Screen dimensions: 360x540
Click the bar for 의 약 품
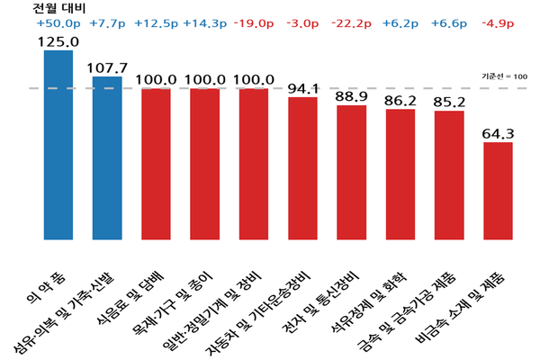(58, 144)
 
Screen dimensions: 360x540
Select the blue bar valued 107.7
(107, 157)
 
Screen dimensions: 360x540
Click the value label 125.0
(58, 40)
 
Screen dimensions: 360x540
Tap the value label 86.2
(400, 99)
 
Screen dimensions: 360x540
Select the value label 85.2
(448, 101)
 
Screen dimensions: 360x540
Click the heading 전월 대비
(56, 8)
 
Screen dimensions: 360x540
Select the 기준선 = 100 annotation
(506, 76)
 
